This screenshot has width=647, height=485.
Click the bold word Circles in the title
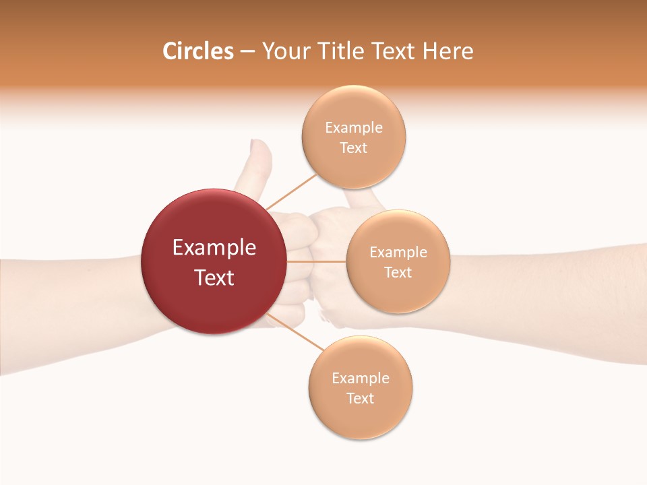[197, 51]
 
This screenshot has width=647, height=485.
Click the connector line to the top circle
[291, 191]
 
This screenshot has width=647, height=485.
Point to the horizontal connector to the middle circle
[316, 261]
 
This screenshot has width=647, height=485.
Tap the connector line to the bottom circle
[295, 333]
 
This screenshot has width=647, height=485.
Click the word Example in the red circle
[214, 248]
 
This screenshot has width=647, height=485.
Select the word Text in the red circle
[214, 278]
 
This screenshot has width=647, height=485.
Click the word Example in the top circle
[354, 128]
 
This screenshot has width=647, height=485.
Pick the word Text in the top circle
[354, 148]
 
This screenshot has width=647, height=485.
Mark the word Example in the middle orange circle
[398, 253]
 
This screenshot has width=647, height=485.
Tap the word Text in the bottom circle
[361, 399]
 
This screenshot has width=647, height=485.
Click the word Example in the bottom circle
[361, 379]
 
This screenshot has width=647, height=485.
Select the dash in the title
[247, 52]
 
